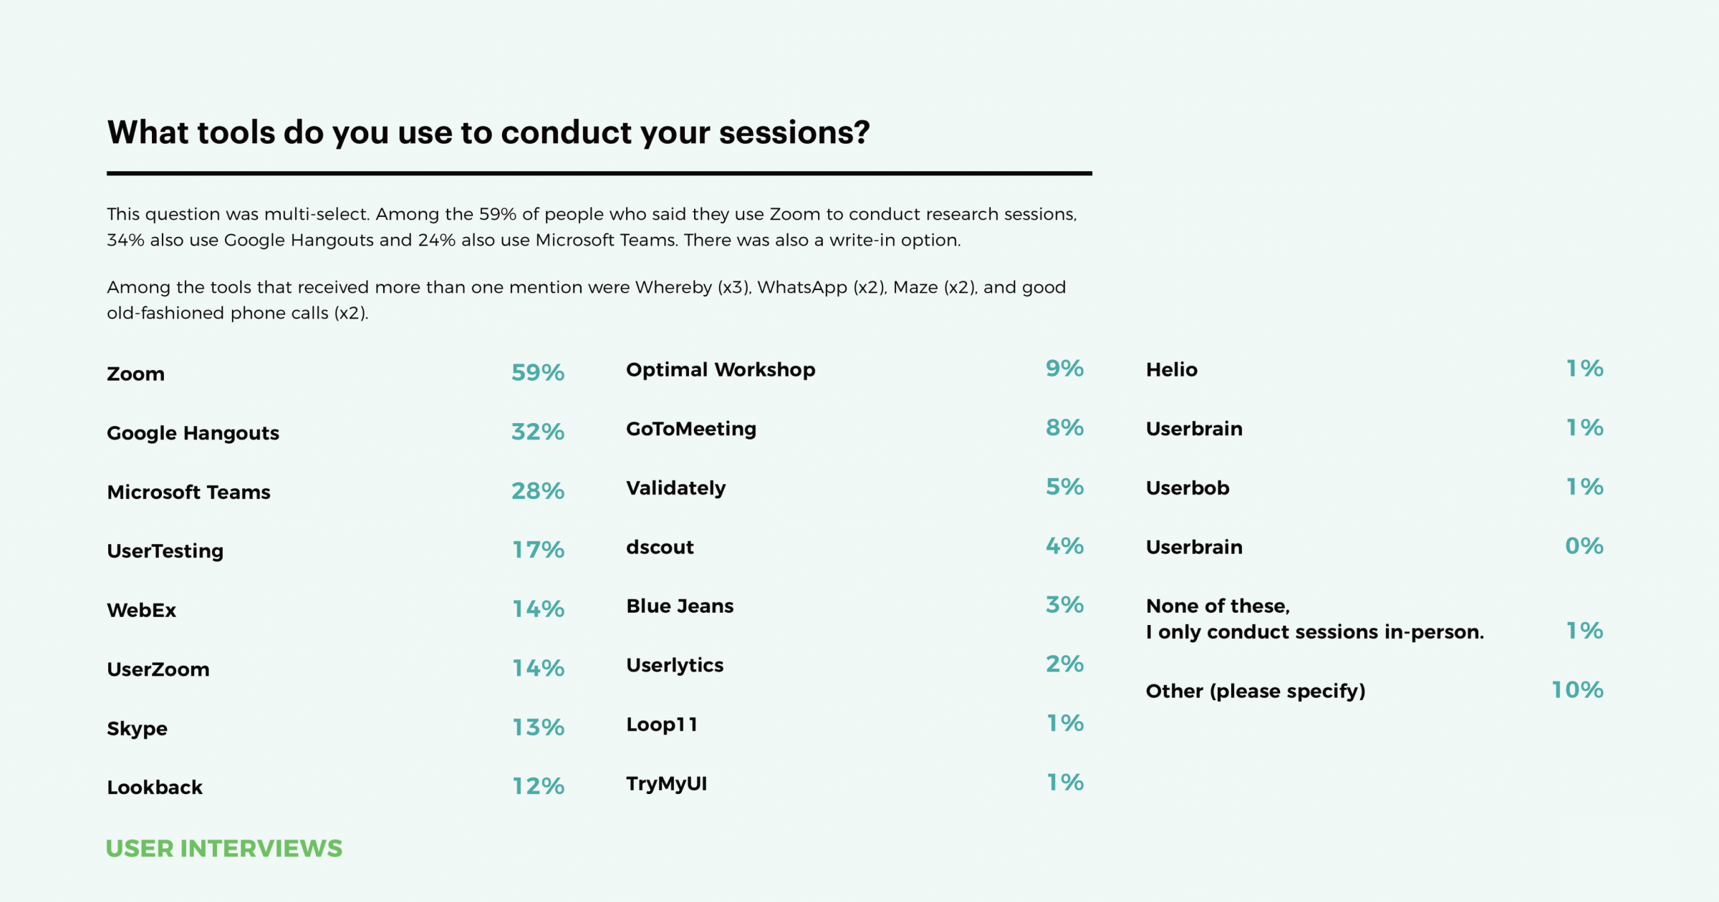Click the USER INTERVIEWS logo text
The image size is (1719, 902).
[223, 848]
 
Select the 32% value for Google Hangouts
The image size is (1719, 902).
[537, 432]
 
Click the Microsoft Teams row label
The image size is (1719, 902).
[188, 492]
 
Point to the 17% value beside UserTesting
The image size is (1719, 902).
[537, 550]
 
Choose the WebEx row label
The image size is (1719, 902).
[141, 610]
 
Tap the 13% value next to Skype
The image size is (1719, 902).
[537, 727]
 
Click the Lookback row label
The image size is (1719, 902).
[155, 787]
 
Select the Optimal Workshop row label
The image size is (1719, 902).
[721, 369]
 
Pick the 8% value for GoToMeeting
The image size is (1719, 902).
[1064, 427]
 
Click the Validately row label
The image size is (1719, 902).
[675, 488]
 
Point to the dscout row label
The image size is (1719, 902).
[660, 547]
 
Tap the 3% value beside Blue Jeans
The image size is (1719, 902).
[1064, 605]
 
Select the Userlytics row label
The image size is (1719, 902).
[675, 665]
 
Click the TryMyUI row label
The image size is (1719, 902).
[666, 783]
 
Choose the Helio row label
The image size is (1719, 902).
[1171, 369]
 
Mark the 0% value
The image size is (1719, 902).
[1584, 546]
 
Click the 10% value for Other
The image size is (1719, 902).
[1577, 690]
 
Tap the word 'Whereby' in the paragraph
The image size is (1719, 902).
[673, 287]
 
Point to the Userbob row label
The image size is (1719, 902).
[1187, 488]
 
